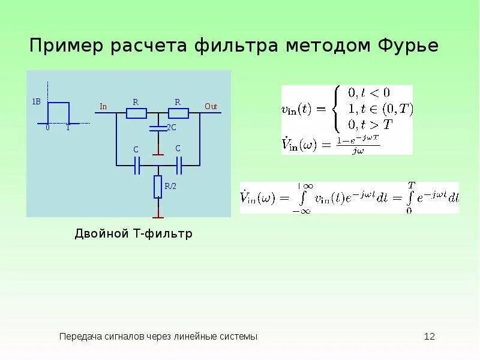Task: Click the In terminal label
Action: (x=103, y=107)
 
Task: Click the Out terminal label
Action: (x=211, y=106)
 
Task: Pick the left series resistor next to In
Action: (x=136, y=113)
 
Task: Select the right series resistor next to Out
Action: (x=178, y=113)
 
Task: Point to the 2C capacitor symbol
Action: (x=158, y=128)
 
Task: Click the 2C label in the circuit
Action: (x=171, y=128)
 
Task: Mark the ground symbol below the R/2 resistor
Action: (x=158, y=216)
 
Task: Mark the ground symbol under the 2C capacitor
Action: (x=158, y=153)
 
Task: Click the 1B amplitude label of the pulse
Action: (x=36, y=102)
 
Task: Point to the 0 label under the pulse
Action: (x=47, y=128)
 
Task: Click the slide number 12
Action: (x=429, y=337)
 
